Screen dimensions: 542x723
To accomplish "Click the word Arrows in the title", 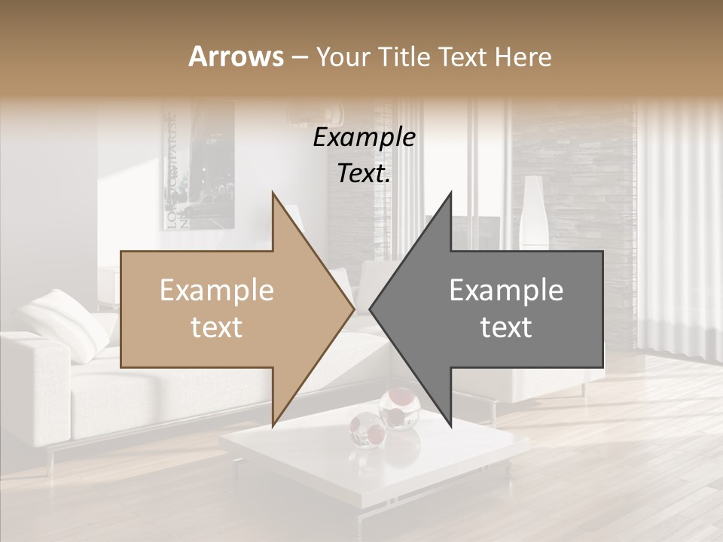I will (x=236, y=56).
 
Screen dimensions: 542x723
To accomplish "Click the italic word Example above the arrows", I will (x=364, y=137).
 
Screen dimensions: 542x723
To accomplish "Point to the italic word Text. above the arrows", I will (x=364, y=173).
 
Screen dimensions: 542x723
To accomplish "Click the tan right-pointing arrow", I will (x=226, y=309).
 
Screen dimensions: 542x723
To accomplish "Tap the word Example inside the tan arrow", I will (x=217, y=291).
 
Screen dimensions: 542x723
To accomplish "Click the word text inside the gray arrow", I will (x=506, y=327).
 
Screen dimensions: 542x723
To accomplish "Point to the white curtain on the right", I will (x=678, y=226).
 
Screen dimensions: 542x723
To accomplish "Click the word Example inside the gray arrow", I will (x=506, y=291).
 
